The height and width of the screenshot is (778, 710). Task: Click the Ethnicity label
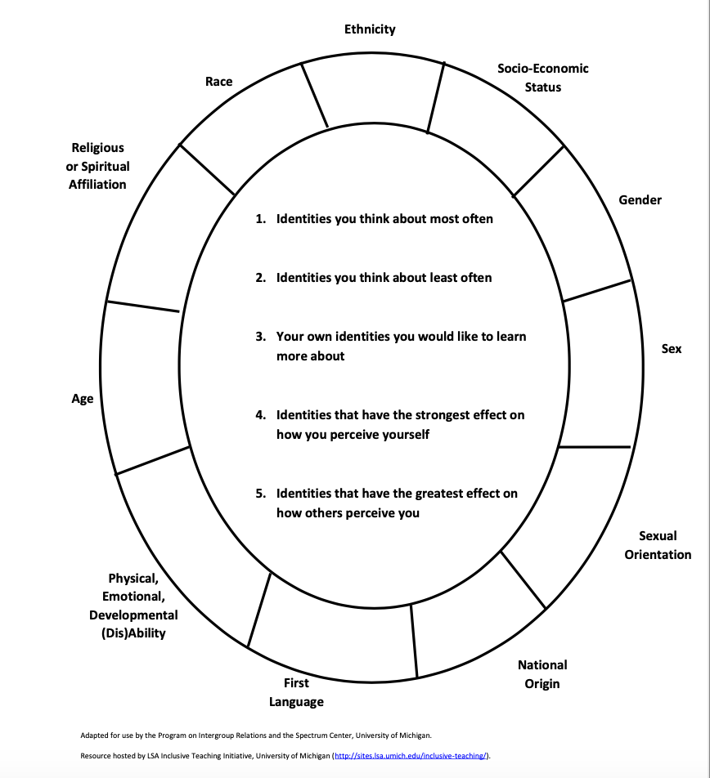pos(370,29)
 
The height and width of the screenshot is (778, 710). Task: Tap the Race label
pos(219,82)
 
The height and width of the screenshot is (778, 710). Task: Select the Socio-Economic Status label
pos(542,78)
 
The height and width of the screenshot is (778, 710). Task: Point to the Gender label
pos(640,200)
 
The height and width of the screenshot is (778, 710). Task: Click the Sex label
pos(671,349)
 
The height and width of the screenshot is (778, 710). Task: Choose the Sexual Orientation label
pos(658,545)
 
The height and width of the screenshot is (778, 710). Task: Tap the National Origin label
pos(542,674)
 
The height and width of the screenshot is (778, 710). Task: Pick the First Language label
pos(296,692)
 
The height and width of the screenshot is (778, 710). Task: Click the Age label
pos(83,399)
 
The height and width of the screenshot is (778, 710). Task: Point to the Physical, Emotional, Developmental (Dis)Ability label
pos(133,606)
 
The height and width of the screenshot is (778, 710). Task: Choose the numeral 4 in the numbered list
pos(260,415)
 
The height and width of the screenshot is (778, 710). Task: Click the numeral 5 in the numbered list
pos(260,494)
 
